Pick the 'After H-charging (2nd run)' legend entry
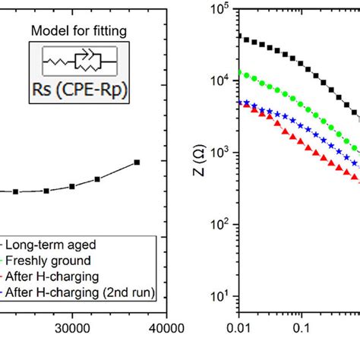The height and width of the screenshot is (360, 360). pos(79,292)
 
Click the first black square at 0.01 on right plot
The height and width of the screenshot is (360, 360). pos(240,36)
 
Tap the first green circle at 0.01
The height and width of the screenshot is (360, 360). pos(240,73)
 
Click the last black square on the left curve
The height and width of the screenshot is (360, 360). pos(137,163)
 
